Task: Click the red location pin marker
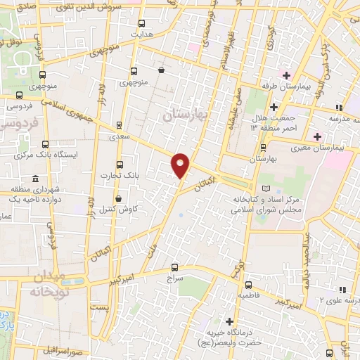(x=181, y=165)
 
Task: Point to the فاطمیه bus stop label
(x=250, y=295)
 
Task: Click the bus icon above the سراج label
(x=176, y=267)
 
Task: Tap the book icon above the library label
(x=265, y=188)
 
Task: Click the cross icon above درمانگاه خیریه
(x=229, y=321)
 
